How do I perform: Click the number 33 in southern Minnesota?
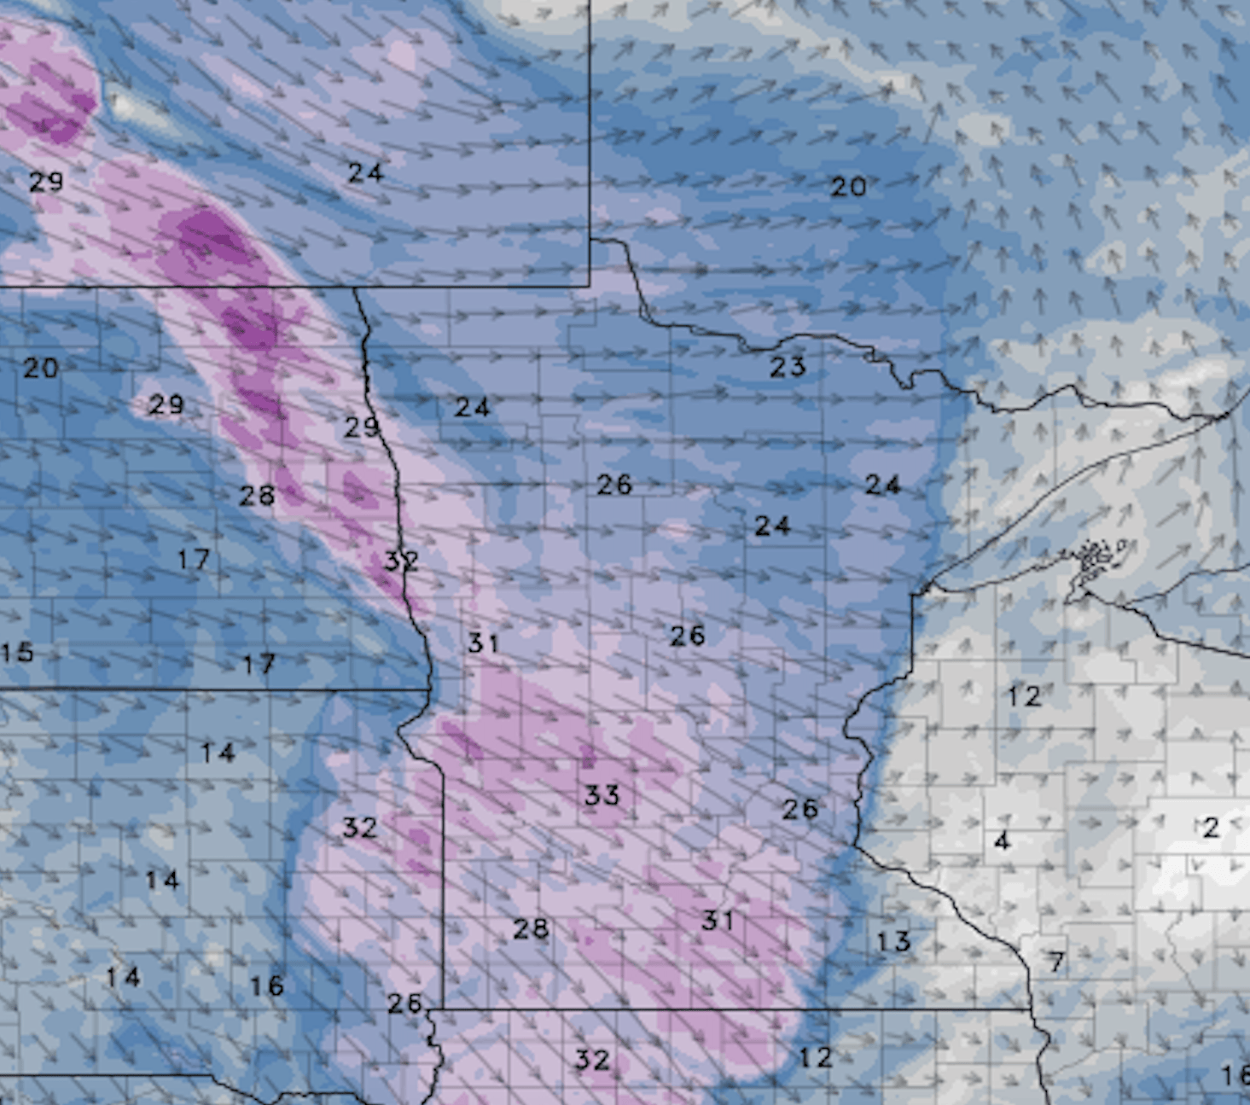point(602,795)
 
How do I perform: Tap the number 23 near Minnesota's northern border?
point(788,367)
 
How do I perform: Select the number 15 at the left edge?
point(16,653)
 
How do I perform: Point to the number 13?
point(893,941)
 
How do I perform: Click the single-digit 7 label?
point(1056,963)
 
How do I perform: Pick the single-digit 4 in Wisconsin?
point(1002,841)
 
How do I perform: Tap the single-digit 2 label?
point(1211,827)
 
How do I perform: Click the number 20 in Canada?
point(849,186)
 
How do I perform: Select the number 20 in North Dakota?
point(40,368)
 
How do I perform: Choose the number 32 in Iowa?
point(591,1060)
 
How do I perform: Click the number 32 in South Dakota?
point(359,827)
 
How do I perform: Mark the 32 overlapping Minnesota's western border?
point(400,561)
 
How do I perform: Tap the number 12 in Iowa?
point(815,1057)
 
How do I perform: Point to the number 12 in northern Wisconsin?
point(1024,696)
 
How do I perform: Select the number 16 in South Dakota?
point(266,986)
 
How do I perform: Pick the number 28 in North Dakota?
point(257,495)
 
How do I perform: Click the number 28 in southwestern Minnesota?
point(531,928)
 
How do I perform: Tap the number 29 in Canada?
point(46,181)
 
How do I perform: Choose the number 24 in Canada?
point(365,172)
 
